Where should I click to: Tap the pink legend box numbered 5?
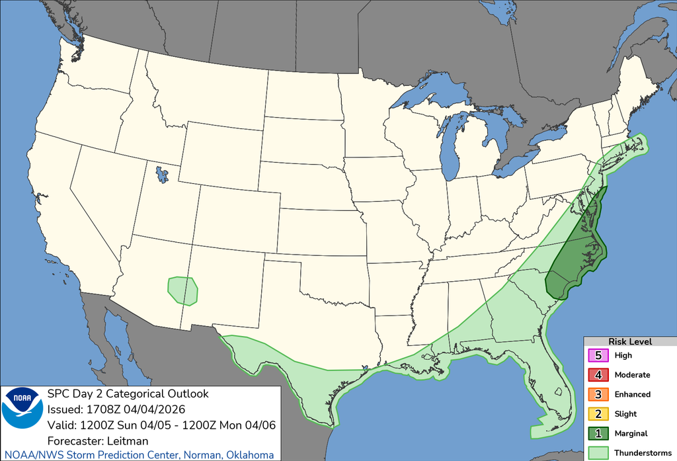599,355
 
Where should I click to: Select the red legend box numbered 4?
599,375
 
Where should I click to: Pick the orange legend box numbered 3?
599,394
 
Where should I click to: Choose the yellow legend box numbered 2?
599,414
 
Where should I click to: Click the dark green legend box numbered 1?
599,434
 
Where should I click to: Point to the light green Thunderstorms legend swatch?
599,453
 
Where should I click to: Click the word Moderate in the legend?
632,375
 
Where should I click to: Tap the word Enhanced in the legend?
632,394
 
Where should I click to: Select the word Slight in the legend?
625,414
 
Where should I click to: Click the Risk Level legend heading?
630,342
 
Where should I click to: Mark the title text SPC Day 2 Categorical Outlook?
128,394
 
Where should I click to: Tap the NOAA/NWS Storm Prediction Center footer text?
137,455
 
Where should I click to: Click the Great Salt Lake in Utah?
161,175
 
